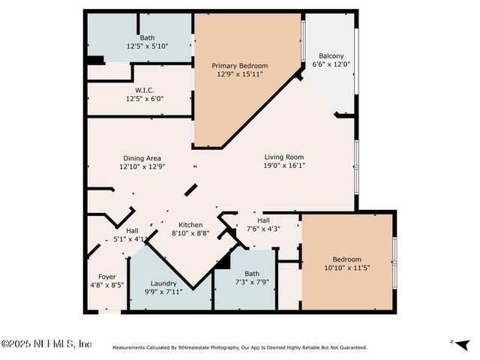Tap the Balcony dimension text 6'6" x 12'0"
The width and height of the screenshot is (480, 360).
pyautogui.click(x=331, y=64)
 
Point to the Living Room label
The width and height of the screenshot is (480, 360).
pyautogui.click(x=284, y=157)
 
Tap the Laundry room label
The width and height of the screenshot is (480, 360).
pyautogui.click(x=163, y=283)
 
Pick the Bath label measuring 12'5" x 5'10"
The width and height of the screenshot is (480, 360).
pyautogui.click(x=147, y=37)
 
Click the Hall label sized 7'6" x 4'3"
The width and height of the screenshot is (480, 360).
pyautogui.click(x=263, y=220)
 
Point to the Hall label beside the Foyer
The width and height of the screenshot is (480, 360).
pyautogui.click(x=132, y=231)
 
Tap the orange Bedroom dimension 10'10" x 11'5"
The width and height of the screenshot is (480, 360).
pyautogui.click(x=346, y=268)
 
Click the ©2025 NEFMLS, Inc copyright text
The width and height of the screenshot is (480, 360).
pyautogui.click(x=46, y=343)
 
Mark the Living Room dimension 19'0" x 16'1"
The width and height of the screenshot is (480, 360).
pyautogui.click(x=284, y=166)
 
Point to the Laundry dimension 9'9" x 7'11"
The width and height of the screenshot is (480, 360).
pyautogui.click(x=163, y=292)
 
